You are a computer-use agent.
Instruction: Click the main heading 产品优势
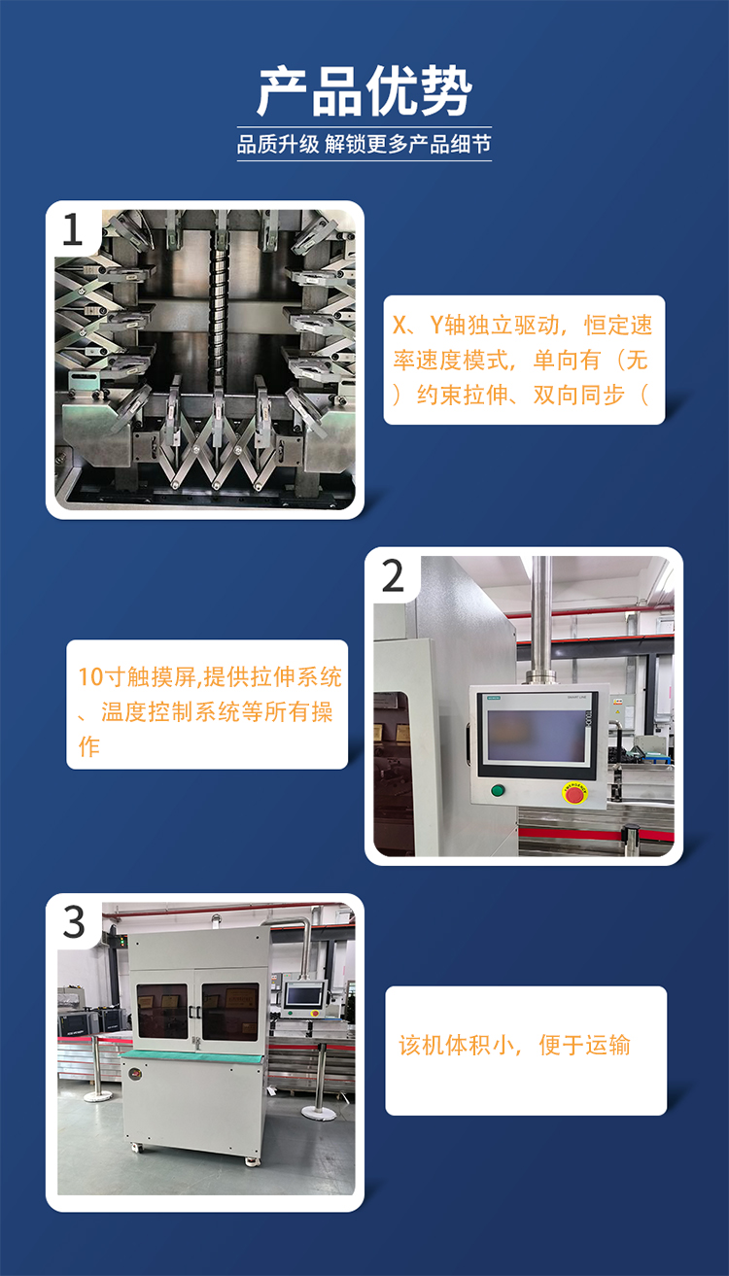[364, 91]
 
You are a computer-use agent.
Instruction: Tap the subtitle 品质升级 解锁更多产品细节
[364, 144]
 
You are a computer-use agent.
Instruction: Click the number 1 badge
[72, 229]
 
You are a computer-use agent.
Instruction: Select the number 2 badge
[393, 575]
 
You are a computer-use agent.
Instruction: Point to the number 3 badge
[74, 921]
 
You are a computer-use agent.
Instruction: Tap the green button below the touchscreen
[498, 790]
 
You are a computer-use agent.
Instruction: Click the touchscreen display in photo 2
[536, 735]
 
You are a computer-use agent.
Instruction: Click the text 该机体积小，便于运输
[514, 1045]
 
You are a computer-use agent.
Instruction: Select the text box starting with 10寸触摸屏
[207, 705]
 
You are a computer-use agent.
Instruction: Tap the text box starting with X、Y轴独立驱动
[524, 360]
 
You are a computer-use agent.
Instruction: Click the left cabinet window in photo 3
[162, 1011]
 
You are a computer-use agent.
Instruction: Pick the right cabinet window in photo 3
[230, 1011]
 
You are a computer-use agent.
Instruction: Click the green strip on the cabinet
[192, 1056]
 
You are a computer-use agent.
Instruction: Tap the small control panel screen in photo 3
[304, 995]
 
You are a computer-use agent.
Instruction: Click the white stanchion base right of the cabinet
[319, 1113]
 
